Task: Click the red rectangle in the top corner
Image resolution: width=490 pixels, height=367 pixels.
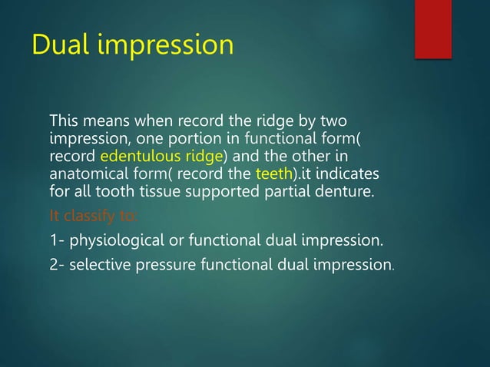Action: (x=432, y=28)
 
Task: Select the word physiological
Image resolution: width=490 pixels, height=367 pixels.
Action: (x=114, y=242)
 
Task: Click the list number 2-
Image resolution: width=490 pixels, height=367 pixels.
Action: (x=57, y=266)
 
